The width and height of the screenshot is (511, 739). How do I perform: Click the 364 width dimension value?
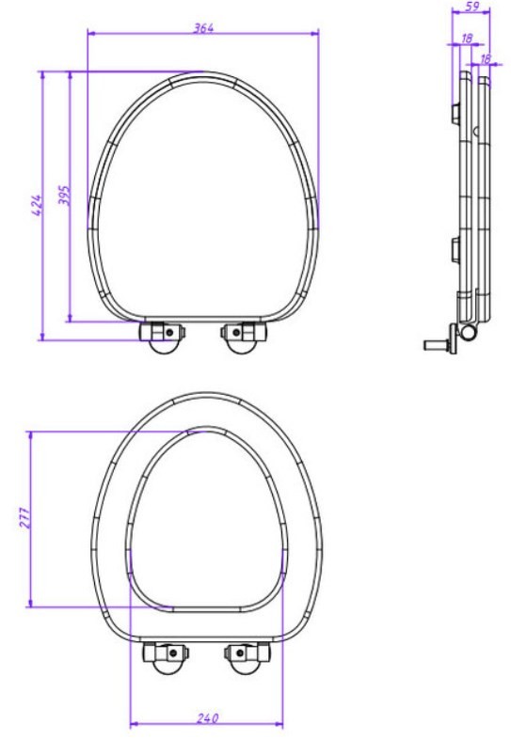click(203, 28)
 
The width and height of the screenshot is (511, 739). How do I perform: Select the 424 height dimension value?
click(37, 206)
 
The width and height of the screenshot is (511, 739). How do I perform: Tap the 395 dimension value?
click(64, 196)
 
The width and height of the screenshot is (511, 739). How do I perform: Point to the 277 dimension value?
click(25, 518)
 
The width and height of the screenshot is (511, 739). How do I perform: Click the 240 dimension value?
click(208, 718)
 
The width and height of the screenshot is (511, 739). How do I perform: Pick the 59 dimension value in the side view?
click(471, 7)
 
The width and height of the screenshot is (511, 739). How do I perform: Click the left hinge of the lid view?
click(161, 337)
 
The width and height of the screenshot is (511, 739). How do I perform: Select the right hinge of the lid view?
click(245, 337)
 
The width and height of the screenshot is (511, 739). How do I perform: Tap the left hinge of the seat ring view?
click(165, 657)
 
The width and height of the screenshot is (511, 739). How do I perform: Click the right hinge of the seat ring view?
click(248, 657)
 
